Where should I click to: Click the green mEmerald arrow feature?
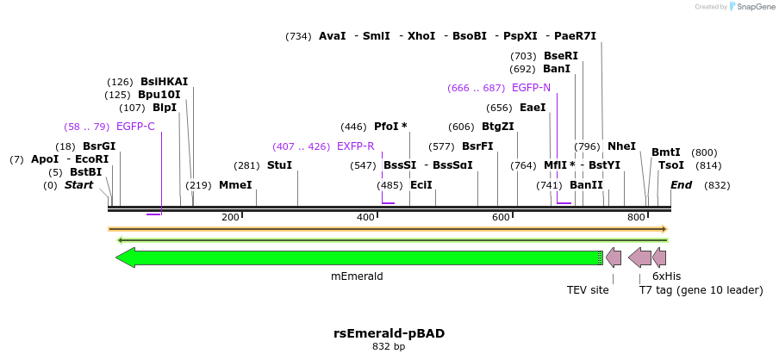point(358,258)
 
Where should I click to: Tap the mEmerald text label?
point(357,276)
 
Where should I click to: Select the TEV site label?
point(588,290)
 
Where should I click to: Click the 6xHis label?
point(666,276)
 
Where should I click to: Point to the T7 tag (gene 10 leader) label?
point(701,290)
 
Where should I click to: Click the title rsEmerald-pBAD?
point(389,332)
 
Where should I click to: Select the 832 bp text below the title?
point(389,347)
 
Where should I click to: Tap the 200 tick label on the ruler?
point(230,218)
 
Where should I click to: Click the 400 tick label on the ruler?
point(365,218)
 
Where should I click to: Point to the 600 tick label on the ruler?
point(501,218)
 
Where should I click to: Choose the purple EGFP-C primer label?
point(135,127)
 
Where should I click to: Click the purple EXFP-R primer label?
point(355,146)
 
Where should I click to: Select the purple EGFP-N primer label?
point(531,88)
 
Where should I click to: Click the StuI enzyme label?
point(279,165)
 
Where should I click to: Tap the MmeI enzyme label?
point(235,185)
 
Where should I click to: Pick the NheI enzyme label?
point(621,146)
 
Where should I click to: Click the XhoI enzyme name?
point(421,36)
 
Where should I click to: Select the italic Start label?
point(78,185)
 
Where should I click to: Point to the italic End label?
point(681,185)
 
